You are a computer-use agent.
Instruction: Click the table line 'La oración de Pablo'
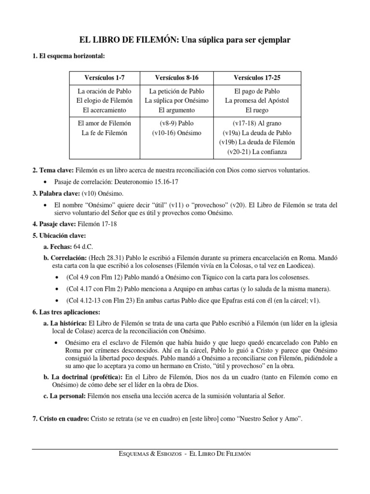click(105, 91)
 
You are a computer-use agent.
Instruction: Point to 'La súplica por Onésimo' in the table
click(176, 100)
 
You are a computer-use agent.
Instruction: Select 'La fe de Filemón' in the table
click(105, 133)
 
